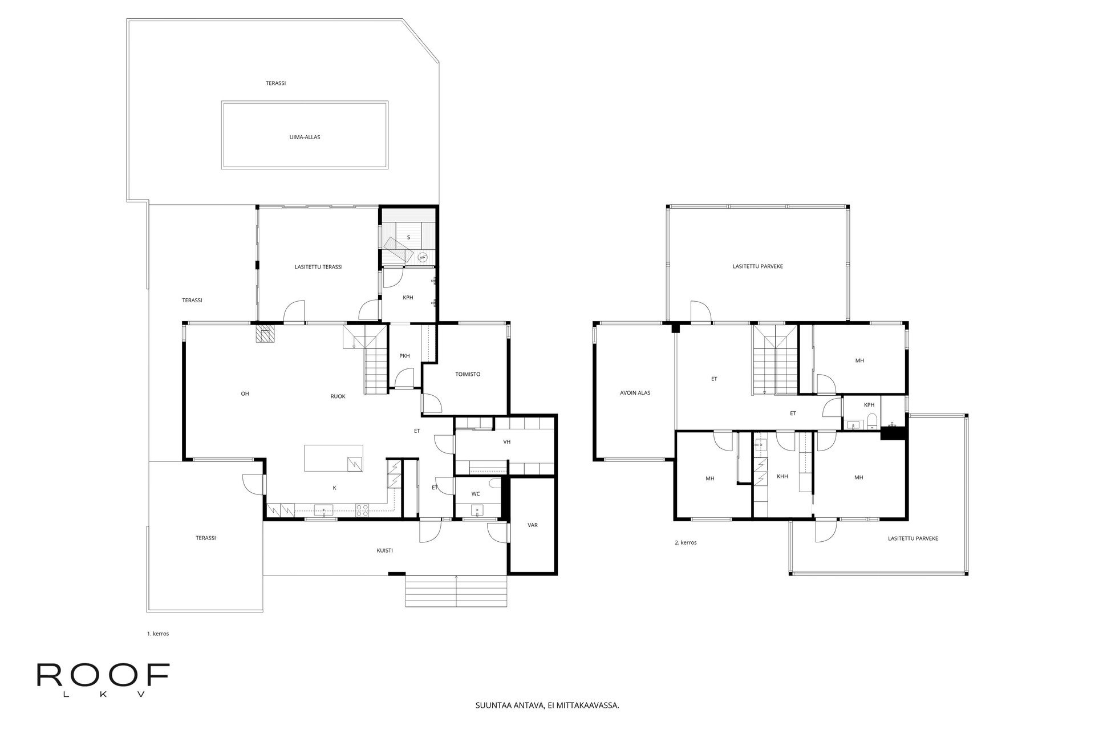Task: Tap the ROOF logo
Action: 103,679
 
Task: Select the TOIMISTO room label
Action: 468,375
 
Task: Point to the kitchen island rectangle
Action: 334,459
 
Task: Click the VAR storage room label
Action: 533,525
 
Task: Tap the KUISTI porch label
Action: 385,551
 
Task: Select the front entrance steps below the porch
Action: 456,592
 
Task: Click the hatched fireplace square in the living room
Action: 265,334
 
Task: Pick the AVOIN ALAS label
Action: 635,393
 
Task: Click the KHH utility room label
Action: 782,476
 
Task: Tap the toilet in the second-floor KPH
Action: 871,423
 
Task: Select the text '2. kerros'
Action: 685,543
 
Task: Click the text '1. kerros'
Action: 158,634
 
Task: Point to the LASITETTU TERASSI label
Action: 319,267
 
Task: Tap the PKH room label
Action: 404,356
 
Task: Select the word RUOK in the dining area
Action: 338,396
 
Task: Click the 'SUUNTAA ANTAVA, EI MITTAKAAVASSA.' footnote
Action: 547,705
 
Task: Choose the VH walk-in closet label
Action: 506,442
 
